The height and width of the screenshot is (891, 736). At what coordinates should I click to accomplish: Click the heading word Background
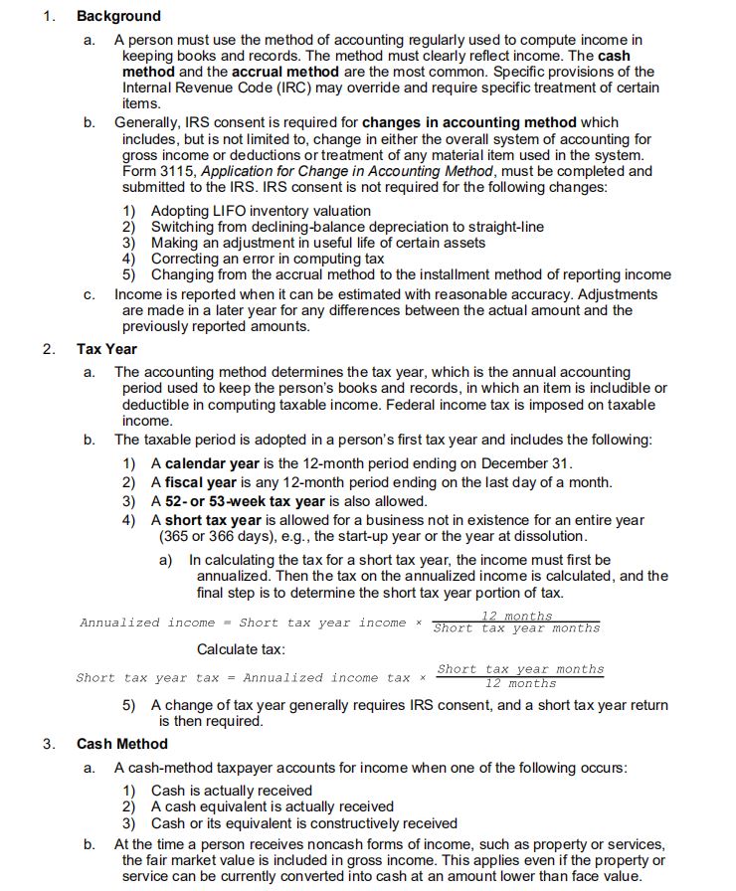click(118, 16)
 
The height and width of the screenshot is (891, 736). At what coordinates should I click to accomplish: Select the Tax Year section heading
click(106, 349)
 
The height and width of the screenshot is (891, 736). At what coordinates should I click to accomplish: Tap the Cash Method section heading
click(122, 744)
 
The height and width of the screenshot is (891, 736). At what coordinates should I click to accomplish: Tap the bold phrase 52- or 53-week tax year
click(245, 501)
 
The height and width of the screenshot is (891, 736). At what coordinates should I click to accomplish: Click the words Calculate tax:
click(241, 649)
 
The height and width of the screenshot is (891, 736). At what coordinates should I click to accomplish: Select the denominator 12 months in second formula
click(519, 684)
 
